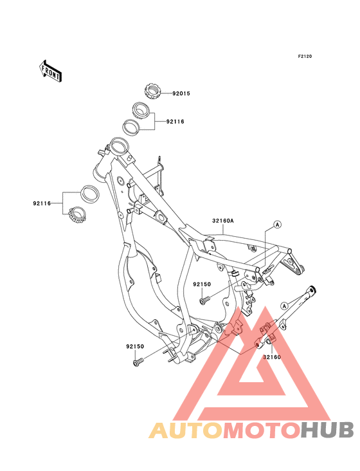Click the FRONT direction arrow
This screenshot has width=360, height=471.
(51, 71)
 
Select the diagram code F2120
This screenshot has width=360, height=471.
(305, 56)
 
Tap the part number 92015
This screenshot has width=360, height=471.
(181, 93)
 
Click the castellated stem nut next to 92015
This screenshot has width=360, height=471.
(152, 91)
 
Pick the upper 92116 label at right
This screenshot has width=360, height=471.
(175, 122)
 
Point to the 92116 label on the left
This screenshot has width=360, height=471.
(42, 203)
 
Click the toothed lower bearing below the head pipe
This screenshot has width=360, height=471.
(77, 215)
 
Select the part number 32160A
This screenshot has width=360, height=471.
(223, 221)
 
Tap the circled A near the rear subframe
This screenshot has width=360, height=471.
(278, 224)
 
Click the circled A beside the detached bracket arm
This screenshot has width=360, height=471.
(284, 306)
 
